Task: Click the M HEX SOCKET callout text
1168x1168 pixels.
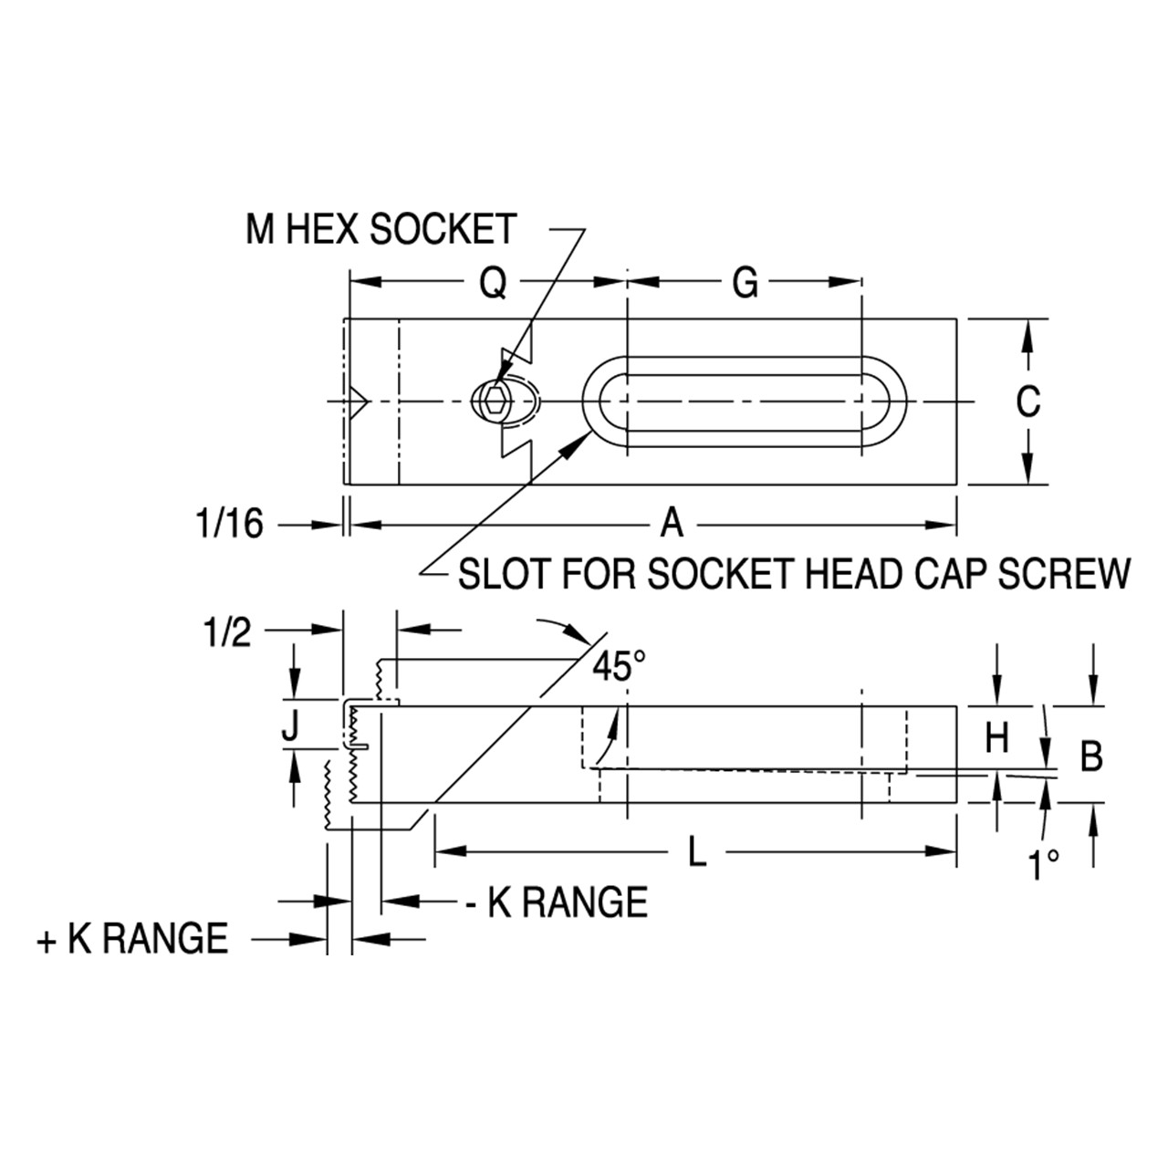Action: click(381, 229)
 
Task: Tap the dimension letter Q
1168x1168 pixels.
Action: click(494, 283)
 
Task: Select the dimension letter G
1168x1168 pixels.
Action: click(745, 283)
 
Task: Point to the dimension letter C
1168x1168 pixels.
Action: click(1028, 401)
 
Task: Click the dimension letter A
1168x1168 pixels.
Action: click(672, 523)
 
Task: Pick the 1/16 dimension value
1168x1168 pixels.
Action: click(229, 523)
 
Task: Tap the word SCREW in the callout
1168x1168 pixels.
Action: click(1064, 573)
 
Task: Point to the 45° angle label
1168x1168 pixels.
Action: click(619, 665)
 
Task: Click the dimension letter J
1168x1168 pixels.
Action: click(290, 726)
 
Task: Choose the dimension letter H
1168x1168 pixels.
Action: click(996, 738)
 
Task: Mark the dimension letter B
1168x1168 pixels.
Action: click(1091, 756)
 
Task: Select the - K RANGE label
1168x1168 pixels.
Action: click(556, 902)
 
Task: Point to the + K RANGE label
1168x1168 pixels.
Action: click(132, 939)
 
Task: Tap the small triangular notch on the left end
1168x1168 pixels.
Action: click(359, 401)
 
